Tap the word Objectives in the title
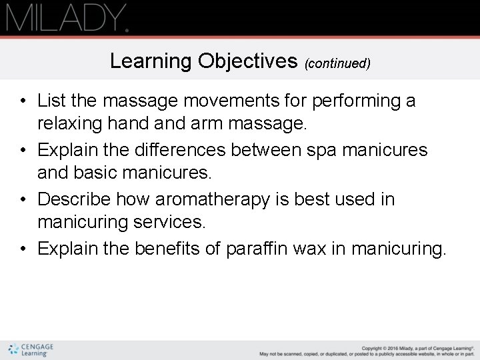pos(248,61)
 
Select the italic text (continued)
pos(337,63)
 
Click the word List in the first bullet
pos(51,101)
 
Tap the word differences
pos(180,150)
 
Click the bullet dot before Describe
pos(23,200)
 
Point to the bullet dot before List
pos(23,101)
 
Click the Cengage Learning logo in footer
pos(31,349)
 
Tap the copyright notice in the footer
pos(367,350)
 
